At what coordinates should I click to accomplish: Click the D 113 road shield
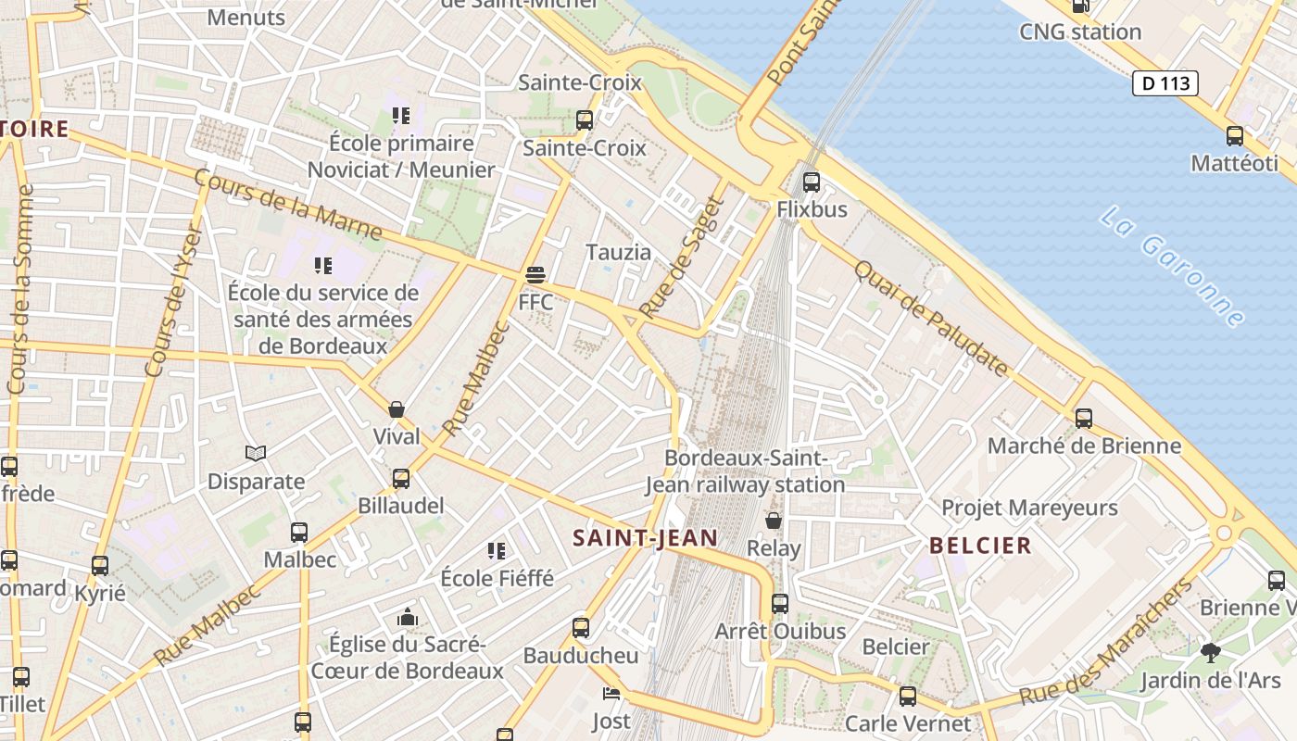pyautogui.click(x=1165, y=83)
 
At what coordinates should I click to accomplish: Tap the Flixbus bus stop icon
pyautogui.click(x=812, y=182)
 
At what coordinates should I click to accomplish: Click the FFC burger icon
pyautogui.click(x=535, y=275)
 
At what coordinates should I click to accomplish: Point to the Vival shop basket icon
pyautogui.click(x=397, y=409)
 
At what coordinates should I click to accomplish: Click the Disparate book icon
pyautogui.click(x=256, y=454)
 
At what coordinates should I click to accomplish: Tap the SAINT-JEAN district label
pyautogui.click(x=645, y=537)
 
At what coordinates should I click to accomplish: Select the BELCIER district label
pyautogui.click(x=980, y=545)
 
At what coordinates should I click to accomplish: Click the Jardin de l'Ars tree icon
pyautogui.click(x=1210, y=653)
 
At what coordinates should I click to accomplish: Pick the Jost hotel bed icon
pyautogui.click(x=611, y=694)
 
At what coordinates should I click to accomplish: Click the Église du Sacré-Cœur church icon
pyautogui.click(x=407, y=617)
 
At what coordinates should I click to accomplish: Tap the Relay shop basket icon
pyautogui.click(x=774, y=521)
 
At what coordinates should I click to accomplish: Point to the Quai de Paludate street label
pyautogui.click(x=930, y=318)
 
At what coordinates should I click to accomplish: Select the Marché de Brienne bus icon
pyautogui.click(x=1084, y=419)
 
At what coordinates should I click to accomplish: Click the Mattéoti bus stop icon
pyautogui.click(x=1235, y=136)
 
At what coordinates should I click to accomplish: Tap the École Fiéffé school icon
pyautogui.click(x=497, y=551)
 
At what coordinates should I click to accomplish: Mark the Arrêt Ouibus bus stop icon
pyautogui.click(x=780, y=604)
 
